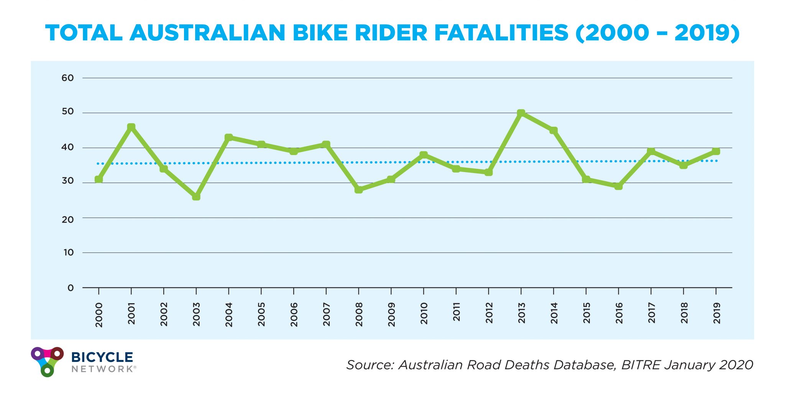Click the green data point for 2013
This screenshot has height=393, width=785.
(521, 113)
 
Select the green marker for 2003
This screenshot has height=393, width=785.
(196, 196)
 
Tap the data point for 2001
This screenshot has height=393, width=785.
(131, 127)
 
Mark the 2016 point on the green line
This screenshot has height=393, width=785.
(618, 186)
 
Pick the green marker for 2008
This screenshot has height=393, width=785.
(359, 190)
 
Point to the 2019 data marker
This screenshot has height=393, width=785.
(716, 151)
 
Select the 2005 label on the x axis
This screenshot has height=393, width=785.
(261, 314)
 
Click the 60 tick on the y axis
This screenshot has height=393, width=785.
(67, 78)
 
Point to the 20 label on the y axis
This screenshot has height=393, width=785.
(67, 220)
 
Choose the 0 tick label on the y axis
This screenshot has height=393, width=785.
(71, 288)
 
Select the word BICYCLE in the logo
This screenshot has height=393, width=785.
(102, 357)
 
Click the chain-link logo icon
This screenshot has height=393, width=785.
(47, 361)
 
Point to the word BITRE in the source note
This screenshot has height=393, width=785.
(640, 365)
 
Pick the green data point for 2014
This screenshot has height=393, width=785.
(553, 130)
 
